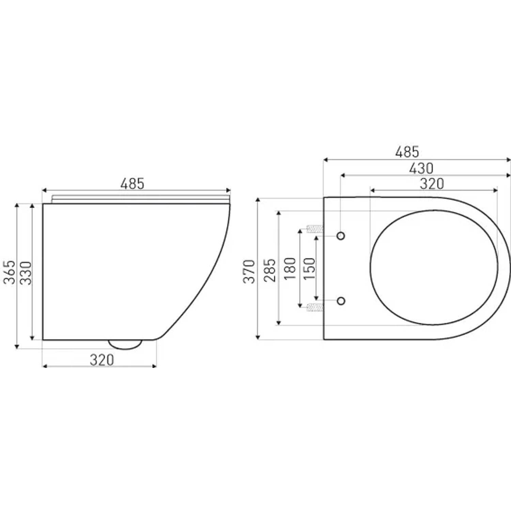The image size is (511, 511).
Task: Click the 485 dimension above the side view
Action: (133, 184)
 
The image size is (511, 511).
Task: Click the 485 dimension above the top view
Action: (407, 152)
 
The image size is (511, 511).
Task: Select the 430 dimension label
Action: (421, 168)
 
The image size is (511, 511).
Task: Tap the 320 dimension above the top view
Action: (432, 184)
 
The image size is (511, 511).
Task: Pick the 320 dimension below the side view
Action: (102, 360)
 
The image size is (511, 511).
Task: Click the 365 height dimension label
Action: (10, 272)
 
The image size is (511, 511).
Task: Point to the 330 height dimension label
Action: (26, 273)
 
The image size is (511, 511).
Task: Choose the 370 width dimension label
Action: (249, 271)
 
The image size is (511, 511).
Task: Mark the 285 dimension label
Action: (270, 270)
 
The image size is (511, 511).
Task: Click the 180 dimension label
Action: (290, 269)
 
